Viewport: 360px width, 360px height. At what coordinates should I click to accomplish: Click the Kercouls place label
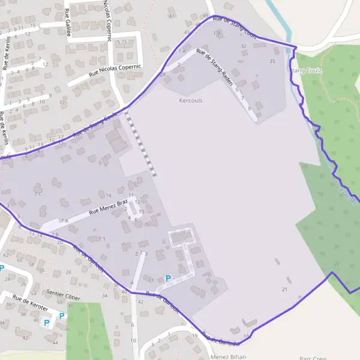click(x=191, y=101)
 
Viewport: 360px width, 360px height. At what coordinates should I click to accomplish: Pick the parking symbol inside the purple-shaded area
click(x=168, y=278)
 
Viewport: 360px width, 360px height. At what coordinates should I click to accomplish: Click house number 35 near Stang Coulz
click(x=272, y=61)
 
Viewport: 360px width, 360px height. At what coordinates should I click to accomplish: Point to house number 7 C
click(x=38, y=194)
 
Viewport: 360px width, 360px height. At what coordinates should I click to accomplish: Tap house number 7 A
click(x=64, y=221)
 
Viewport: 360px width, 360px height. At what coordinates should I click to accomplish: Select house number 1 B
click(x=217, y=32)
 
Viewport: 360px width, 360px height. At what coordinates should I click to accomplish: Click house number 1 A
click(x=181, y=51)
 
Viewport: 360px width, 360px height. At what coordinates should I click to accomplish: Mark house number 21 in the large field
click(x=284, y=290)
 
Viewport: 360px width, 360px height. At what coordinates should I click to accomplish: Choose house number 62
click(x=5, y=255)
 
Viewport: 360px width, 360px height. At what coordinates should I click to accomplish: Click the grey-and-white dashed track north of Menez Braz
click(x=142, y=144)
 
